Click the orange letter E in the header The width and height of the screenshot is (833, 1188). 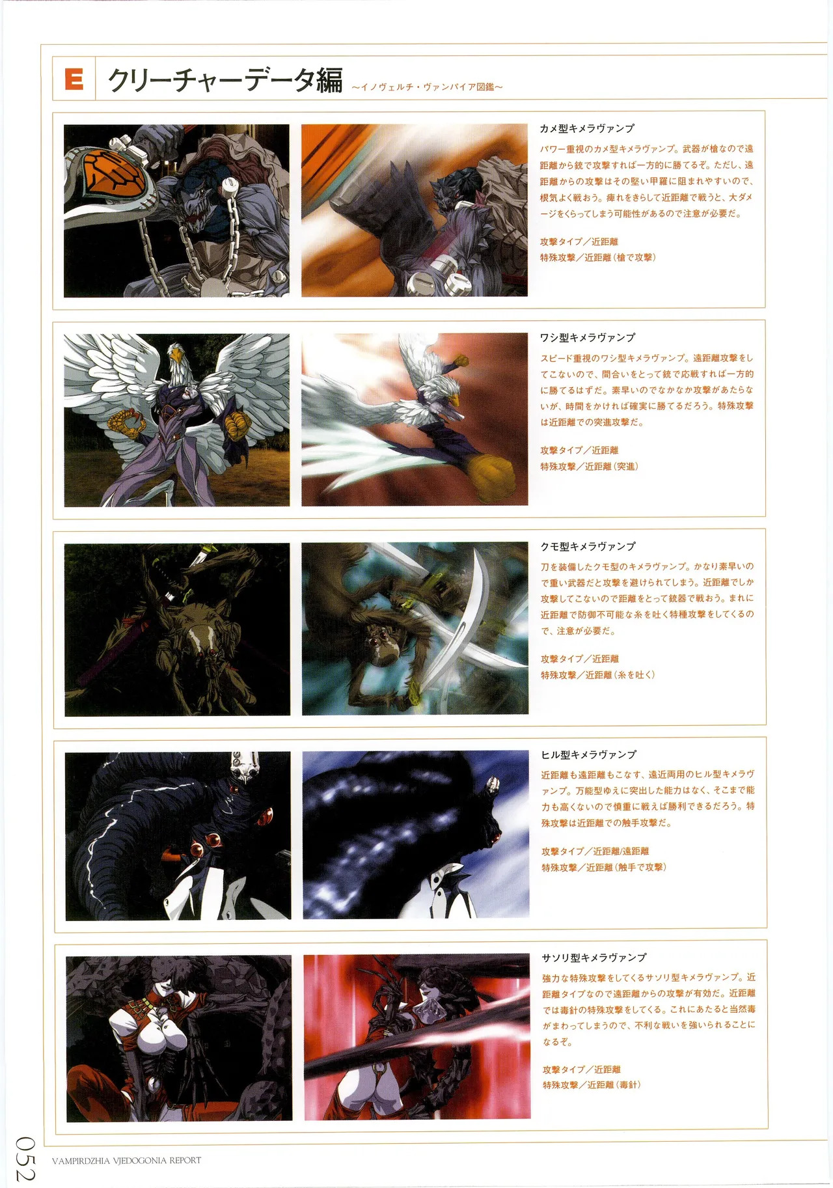[74, 79]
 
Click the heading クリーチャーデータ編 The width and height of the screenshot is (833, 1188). [225, 81]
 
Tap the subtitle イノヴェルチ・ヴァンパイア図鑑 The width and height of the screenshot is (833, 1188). [427, 87]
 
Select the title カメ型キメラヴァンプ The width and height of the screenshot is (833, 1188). [587, 129]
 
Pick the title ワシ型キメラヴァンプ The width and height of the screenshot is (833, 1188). [588, 338]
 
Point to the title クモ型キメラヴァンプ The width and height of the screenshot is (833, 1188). [588, 547]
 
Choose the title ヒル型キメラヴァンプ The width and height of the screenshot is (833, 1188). [589, 755]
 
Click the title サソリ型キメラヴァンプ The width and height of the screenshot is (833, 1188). [594, 958]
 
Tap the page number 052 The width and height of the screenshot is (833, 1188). [26, 1158]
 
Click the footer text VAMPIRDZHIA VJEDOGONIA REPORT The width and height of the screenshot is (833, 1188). [126, 1160]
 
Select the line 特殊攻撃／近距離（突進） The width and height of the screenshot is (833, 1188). [589, 467]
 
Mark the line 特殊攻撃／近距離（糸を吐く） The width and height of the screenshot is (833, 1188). [597, 675]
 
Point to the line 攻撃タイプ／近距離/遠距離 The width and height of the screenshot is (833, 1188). [595, 851]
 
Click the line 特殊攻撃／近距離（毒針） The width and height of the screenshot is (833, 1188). [592, 1085]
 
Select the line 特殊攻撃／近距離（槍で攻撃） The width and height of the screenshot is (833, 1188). [597, 258]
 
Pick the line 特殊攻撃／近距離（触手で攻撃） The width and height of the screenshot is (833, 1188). [603, 868]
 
